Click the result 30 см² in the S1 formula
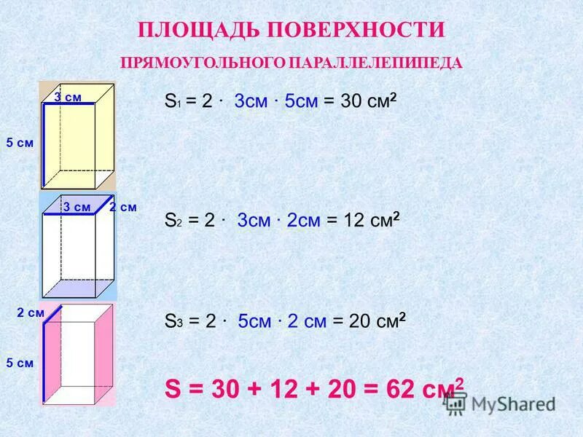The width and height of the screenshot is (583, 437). pos(369,101)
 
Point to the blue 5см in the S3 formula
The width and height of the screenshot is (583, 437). pos(255,321)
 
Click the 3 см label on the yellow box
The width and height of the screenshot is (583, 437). pos(68,98)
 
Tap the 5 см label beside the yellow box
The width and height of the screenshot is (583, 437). pos(20,143)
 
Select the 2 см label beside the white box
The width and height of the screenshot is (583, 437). pos(123,208)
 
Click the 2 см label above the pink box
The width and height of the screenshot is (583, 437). pos(31,312)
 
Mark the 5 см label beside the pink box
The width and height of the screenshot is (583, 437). pos(20,362)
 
